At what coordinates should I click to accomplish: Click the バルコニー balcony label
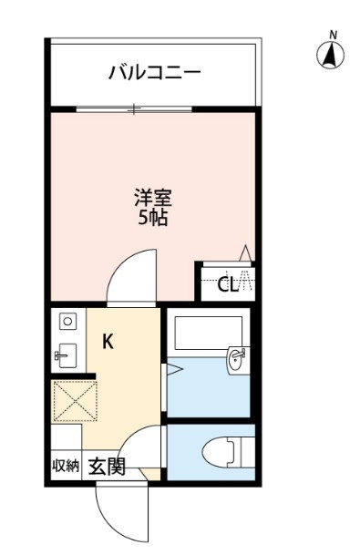coord(155,72)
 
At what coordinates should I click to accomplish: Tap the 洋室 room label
coord(153,199)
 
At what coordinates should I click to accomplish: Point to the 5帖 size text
coord(153,218)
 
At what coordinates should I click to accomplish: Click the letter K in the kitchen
coord(108,342)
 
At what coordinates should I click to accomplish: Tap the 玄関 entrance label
coord(107,467)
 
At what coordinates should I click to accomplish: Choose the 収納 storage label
coord(66,466)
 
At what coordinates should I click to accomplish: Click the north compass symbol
coord(331,55)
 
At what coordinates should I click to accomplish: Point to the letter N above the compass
coord(333,35)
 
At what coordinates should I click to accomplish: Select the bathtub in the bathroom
coord(209,333)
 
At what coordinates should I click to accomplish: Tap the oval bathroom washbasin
coord(235,360)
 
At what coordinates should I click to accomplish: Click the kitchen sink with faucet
coord(67,355)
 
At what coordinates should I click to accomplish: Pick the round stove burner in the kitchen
coord(67,322)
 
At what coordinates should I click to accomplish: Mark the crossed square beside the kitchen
coord(75,401)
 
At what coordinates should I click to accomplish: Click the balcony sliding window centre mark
coord(134,109)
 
